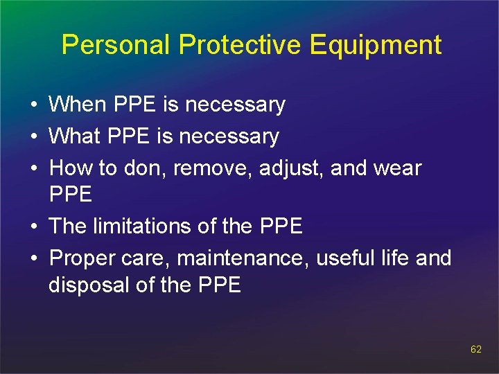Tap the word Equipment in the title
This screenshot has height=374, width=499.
376,45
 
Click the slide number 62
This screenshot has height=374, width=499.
475,349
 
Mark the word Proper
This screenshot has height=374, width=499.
81,258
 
